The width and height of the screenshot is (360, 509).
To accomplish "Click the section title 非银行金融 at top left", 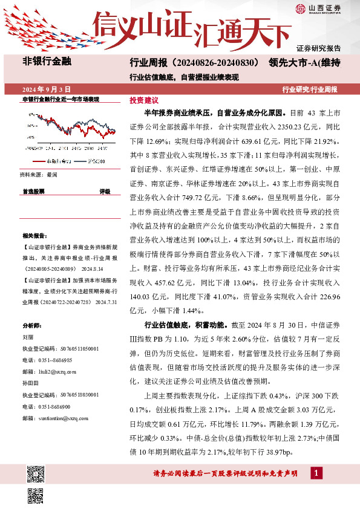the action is pos(47,62).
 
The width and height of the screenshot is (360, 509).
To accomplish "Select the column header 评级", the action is pos(105,191).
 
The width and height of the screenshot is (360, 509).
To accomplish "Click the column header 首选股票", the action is pos(33,191).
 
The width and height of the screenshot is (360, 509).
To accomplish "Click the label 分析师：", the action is pos(30,325).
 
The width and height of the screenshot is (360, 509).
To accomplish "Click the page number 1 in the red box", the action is pos(316,472).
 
